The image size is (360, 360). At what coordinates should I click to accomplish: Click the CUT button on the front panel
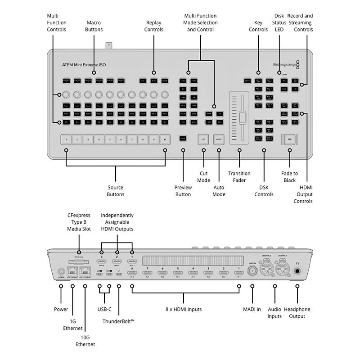pos(203,139)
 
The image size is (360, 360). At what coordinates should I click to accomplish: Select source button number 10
pos(165,139)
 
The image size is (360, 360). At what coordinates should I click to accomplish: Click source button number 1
pos(66,139)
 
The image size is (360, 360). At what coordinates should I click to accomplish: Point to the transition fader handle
pos(243,118)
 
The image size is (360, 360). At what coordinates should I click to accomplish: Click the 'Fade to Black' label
pos(290,177)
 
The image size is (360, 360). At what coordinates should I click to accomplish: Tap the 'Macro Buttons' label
pos(94,26)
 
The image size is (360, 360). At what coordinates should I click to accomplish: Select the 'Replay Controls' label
pos(153,26)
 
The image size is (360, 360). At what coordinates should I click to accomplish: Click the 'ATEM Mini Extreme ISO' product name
pos(84,65)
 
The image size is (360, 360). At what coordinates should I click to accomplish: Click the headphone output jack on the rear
pos(297,271)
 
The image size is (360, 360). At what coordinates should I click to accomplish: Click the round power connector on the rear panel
pos(61,271)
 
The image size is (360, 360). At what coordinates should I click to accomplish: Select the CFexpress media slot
pos(79,262)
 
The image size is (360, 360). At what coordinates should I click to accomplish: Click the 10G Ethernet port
pos(84,271)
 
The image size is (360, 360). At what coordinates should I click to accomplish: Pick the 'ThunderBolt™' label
pos(119,321)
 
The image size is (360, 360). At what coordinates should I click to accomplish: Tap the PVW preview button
pos(183,139)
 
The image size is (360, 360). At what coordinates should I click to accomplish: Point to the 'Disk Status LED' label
pos(279,22)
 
